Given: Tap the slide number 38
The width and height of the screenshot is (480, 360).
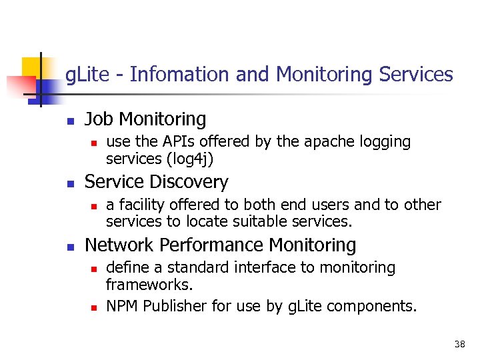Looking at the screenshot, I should pyautogui.click(x=459, y=345).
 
